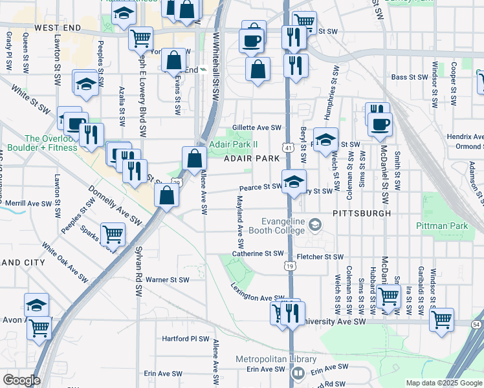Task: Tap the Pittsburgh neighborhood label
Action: point(362,213)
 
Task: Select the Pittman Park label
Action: point(459,226)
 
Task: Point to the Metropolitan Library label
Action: point(267,360)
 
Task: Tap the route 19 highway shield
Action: point(288,265)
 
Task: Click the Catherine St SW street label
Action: point(258,254)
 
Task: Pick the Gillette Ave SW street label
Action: point(258,128)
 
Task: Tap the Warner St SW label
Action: point(167,280)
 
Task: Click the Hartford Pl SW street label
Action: point(186,339)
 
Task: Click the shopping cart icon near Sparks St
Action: point(113,235)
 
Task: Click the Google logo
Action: point(21,380)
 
